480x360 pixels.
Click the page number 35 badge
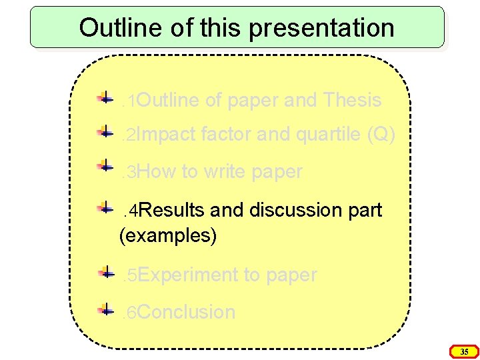(x=465, y=351)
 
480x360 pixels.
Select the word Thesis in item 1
(x=351, y=100)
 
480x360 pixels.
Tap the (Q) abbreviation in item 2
(x=381, y=135)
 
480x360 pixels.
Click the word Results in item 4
(x=173, y=210)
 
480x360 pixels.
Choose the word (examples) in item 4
(x=167, y=235)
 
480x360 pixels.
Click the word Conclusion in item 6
(x=187, y=312)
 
